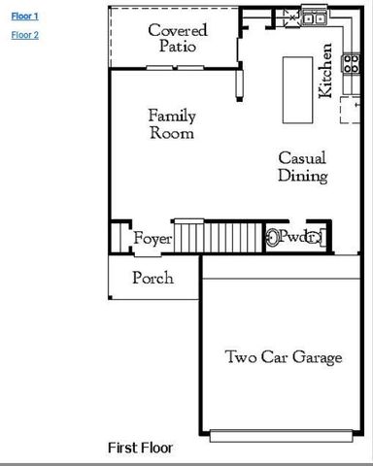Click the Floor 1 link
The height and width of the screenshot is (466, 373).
click(x=24, y=17)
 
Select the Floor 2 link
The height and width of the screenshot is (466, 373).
click(x=24, y=35)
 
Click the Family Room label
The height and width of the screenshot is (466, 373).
click(x=171, y=124)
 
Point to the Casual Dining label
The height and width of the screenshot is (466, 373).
click(x=302, y=167)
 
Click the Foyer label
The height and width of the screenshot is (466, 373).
click(x=153, y=239)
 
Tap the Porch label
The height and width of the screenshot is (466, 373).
click(x=153, y=279)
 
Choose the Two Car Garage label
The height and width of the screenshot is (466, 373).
click(x=284, y=357)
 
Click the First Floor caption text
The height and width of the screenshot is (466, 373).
click(x=140, y=448)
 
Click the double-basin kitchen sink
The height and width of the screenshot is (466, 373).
click(x=313, y=17)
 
